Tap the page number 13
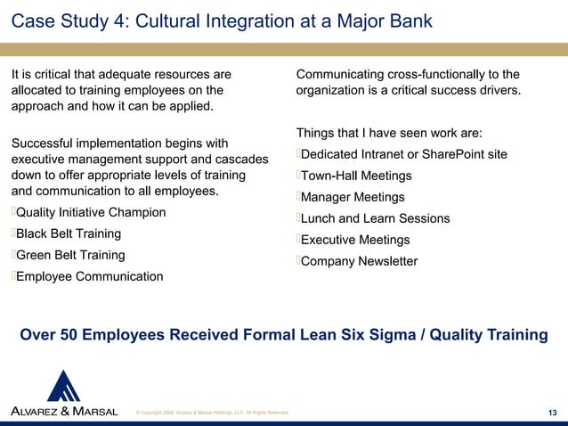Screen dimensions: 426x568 [x=552, y=411]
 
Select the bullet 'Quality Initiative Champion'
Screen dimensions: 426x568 [x=91, y=212]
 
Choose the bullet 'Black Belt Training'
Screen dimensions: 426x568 [x=69, y=233]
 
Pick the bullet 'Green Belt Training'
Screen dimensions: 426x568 [x=70, y=255]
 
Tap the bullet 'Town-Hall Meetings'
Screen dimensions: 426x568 [x=356, y=176]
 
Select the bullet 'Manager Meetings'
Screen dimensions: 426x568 [x=353, y=197]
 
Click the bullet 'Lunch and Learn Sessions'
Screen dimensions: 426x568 [x=375, y=218]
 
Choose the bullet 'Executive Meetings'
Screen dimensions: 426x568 [x=355, y=240]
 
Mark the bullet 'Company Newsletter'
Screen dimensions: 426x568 [x=359, y=261]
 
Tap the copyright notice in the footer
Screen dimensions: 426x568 [x=210, y=413]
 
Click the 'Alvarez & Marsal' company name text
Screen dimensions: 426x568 [x=63, y=410]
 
